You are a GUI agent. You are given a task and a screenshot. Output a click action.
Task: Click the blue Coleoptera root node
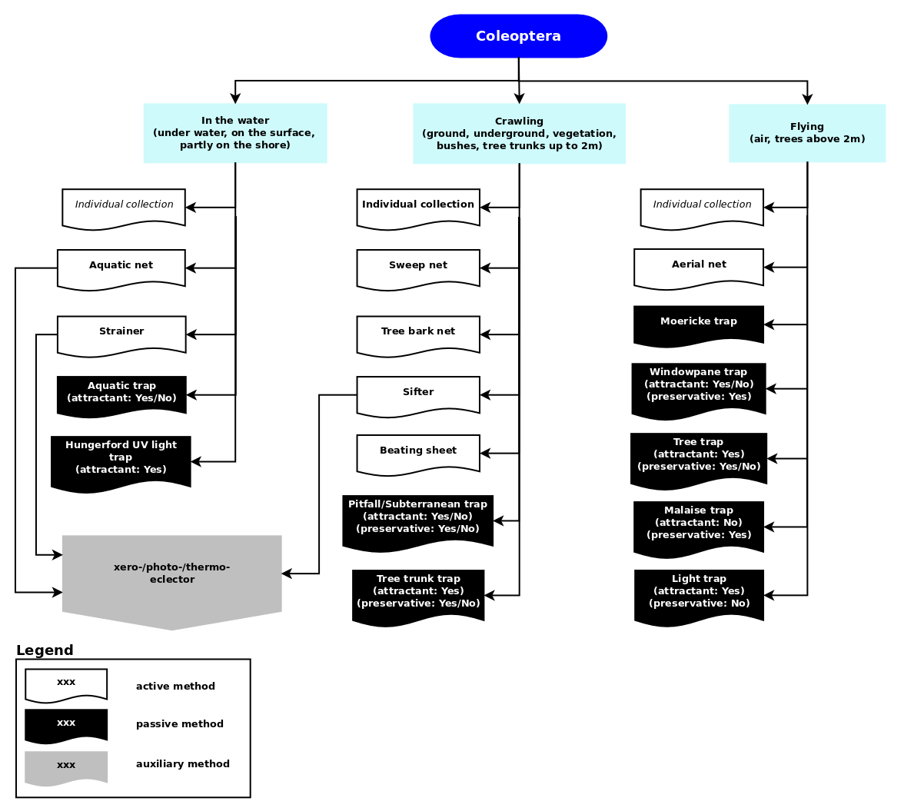click(x=518, y=36)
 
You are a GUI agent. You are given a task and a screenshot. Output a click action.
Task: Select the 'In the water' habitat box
click(x=235, y=133)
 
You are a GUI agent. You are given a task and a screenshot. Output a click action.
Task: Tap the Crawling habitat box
click(x=519, y=133)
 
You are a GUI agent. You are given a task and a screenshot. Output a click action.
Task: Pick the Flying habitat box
click(x=806, y=133)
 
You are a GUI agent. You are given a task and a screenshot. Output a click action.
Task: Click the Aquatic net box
click(x=121, y=268)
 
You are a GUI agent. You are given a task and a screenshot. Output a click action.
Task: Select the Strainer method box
click(x=121, y=334)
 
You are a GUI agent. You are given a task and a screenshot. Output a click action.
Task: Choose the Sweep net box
click(x=418, y=268)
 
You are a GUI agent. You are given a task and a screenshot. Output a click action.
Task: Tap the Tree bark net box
click(x=418, y=334)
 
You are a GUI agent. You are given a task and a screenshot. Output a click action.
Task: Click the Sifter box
click(x=418, y=394)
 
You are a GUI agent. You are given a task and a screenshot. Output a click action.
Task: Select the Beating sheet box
click(x=418, y=452)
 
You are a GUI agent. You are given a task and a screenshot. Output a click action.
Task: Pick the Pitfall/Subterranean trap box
click(x=417, y=520)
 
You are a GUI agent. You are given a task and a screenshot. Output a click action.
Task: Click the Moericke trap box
click(x=698, y=324)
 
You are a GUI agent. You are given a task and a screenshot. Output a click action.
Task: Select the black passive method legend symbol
click(x=66, y=725)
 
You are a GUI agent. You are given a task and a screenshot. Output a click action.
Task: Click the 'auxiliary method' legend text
click(x=183, y=764)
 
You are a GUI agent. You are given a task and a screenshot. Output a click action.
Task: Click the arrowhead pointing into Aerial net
click(x=769, y=267)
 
